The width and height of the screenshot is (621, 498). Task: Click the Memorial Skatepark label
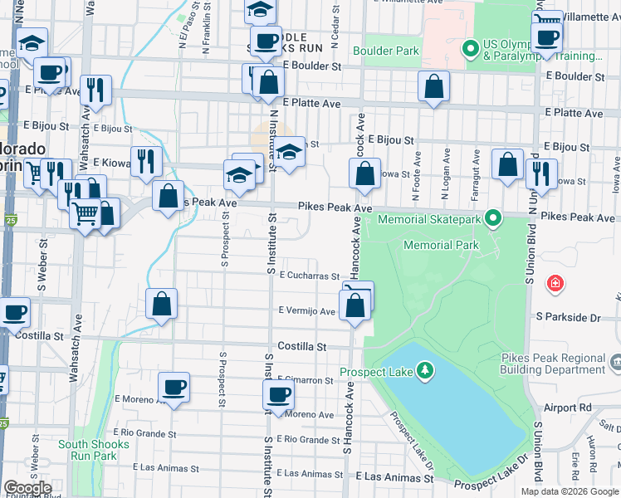coord(428,220)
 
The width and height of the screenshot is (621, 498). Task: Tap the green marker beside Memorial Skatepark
coord(493,219)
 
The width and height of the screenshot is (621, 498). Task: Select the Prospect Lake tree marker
coord(424,369)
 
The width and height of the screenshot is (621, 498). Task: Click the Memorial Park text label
coord(441,246)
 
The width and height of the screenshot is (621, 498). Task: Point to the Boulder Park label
coord(385,51)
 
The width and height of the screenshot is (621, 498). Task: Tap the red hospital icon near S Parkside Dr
coord(555,285)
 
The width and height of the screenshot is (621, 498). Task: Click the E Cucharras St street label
coord(309,276)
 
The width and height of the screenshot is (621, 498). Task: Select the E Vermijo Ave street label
coord(306,311)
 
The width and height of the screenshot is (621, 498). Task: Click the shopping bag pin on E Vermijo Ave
coord(355,306)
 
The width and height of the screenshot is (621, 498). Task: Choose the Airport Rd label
coord(568,408)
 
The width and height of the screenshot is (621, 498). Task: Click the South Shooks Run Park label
coord(94,450)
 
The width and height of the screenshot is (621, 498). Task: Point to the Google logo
coord(27,488)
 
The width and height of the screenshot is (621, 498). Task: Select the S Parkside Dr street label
coord(568,317)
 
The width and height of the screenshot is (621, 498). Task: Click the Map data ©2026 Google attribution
coord(569,491)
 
